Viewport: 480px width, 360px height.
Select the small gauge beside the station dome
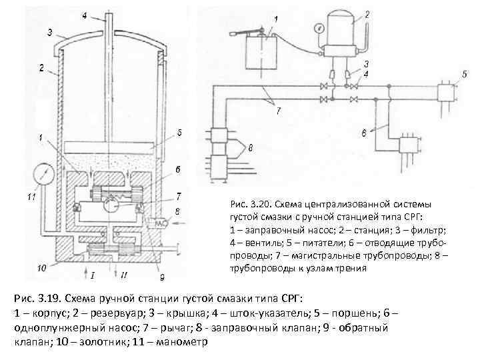click(x=321, y=27)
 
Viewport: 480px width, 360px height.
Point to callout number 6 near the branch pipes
click(x=364, y=134)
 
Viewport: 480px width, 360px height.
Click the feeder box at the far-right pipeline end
click(x=445, y=95)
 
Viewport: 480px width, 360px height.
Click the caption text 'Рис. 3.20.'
click(x=249, y=203)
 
